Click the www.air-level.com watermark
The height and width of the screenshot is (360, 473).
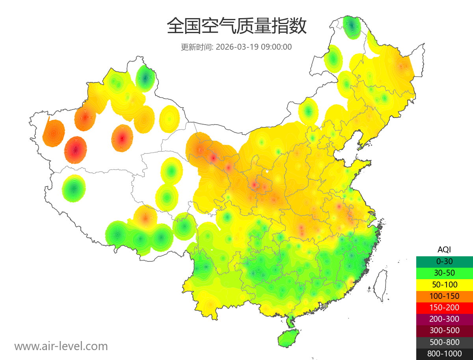[61, 346]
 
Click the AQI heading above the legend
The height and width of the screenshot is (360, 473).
[444, 250]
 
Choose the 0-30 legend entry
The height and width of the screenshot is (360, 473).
[444, 261]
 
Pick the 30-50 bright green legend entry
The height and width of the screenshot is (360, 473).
[444, 273]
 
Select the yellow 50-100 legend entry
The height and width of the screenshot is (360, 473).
[444, 284]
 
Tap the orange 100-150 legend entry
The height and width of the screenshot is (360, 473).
[444, 296]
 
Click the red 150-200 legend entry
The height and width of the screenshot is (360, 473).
[444, 308]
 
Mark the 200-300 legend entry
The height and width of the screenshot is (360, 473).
[444, 319]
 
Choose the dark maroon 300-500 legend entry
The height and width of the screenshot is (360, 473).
[444, 330]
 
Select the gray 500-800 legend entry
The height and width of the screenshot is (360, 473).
[444, 342]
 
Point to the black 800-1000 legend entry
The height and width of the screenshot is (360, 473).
[444, 354]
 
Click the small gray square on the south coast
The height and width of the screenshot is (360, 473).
[324, 306]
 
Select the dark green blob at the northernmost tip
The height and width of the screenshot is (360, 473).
[352, 26]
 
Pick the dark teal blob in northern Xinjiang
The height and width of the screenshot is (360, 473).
[145, 78]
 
